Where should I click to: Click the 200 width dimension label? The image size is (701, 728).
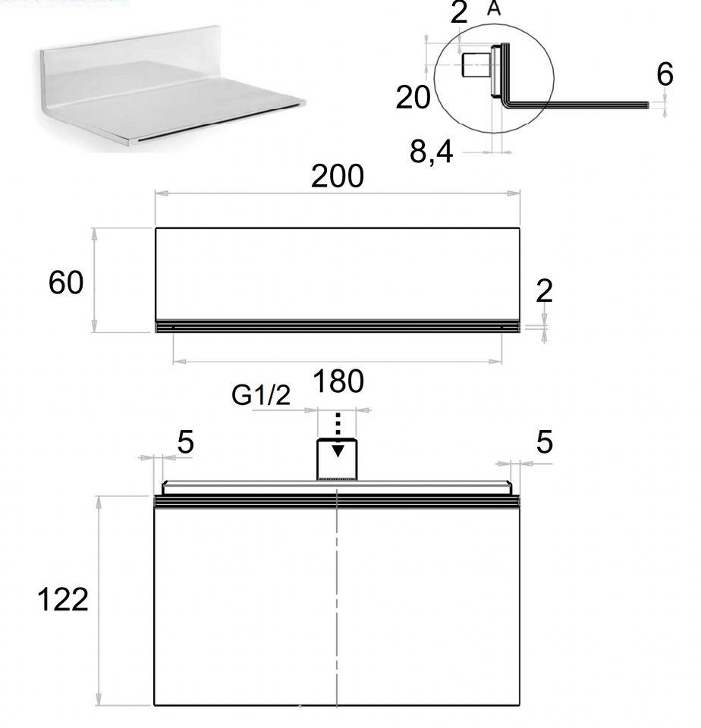click(x=338, y=177)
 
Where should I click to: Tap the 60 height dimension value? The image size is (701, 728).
click(x=66, y=282)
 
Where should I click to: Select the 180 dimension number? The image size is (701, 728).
click(x=338, y=381)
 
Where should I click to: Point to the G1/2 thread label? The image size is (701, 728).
click(x=261, y=395)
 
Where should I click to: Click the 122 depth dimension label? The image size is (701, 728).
click(x=63, y=599)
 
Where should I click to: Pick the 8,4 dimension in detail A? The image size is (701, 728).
click(x=431, y=152)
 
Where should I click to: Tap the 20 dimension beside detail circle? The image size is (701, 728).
click(x=413, y=98)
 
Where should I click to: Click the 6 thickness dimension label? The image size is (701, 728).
click(x=665, y=74)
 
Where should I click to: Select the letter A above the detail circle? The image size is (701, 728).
click(x=494, y=8)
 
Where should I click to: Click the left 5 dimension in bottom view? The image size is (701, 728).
click(x=185, y=442)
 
